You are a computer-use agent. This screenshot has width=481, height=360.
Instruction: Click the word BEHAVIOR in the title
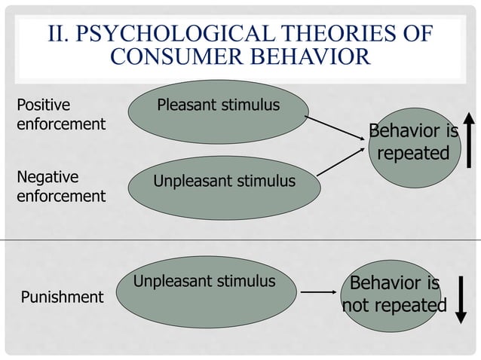coord(312,58)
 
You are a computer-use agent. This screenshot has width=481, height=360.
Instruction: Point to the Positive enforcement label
coord(60,114)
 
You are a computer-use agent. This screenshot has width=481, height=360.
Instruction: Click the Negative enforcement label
coord(60,187)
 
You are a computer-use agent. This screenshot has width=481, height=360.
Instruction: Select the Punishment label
coord(62,297)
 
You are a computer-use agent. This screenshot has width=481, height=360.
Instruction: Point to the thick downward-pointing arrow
coord(464,299)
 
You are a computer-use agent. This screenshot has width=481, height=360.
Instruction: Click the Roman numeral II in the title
coord(58,34)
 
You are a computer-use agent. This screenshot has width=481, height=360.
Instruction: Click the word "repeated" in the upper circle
coord(413,154)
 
